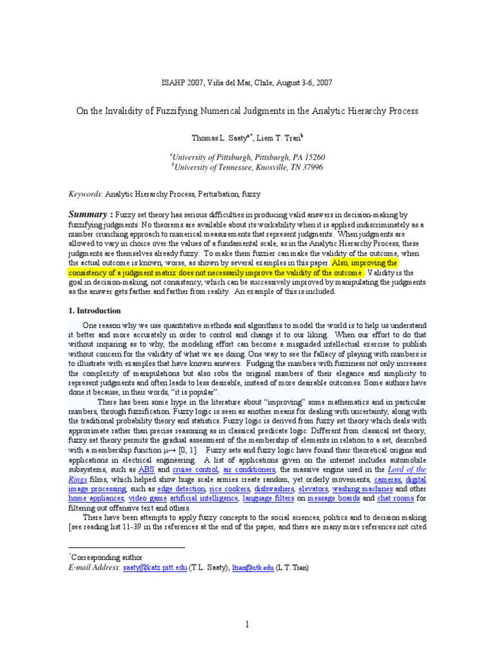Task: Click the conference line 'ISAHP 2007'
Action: [x=247, y=83]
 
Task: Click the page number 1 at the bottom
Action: [x=247, y=624]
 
